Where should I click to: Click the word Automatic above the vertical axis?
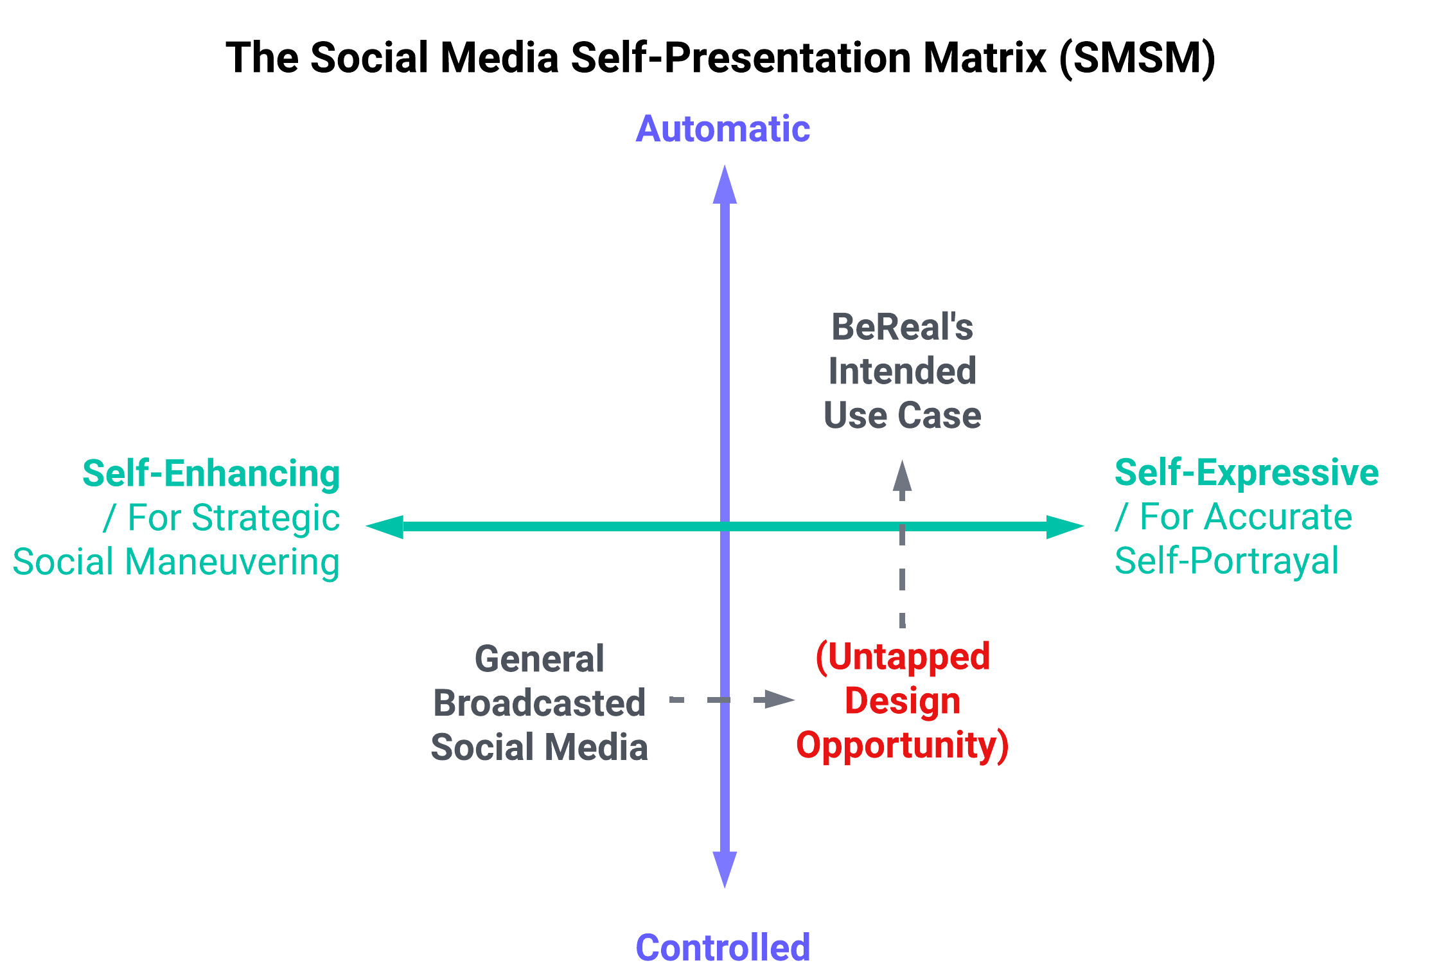[x=723, y=129]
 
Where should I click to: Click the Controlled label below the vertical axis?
[x=723, y=947]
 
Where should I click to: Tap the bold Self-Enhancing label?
[x=211, y=474]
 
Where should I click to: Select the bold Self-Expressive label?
[x=1246, y=473]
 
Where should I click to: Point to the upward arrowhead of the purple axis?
[x=725, y=184]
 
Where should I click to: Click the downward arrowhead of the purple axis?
[x=725, y=869]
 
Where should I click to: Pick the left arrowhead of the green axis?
[x=384, y=526]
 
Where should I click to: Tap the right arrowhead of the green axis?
[x=1066, y=526]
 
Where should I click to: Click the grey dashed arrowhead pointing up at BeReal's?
[x=903, y=476]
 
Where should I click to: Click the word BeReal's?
[x=902, y=327]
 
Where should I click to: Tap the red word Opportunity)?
[x=902, y=745]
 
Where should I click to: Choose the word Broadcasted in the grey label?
[x=540, y=703]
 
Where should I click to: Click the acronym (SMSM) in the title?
[x=1137, y=58]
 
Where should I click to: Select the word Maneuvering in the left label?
[x=233, y=563]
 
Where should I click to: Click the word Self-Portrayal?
[x=1226, y=561]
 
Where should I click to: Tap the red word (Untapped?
[x=903, y=657]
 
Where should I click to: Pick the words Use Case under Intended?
[x=902, y=415]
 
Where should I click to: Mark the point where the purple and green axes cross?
[x=725, y=526]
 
